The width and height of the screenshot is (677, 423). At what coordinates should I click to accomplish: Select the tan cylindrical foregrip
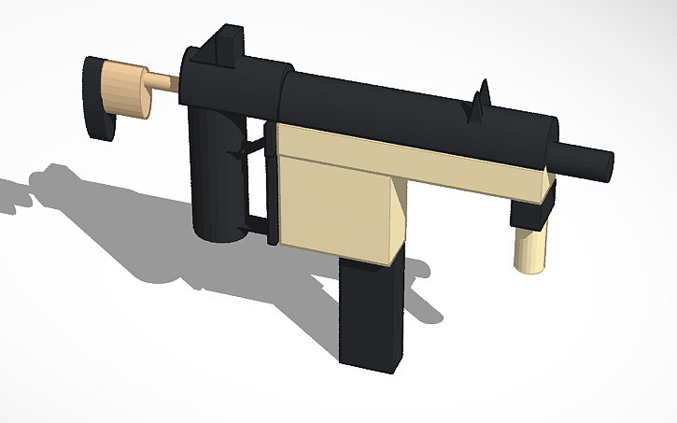pos(531,247)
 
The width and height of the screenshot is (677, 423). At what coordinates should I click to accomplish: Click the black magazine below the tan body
pos(374,313)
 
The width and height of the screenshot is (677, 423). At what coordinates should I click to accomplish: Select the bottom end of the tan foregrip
pos(529,268)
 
